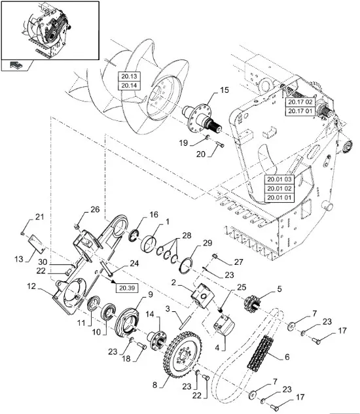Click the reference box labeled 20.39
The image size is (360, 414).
(127, 288)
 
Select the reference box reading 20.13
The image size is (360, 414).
(129, 77)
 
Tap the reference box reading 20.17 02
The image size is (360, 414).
(300, 102)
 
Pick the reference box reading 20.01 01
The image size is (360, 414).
(279, 198)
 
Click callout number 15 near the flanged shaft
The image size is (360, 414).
(225, 90)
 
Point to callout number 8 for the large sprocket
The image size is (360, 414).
(155, 385)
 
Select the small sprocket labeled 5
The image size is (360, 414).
(252, 303)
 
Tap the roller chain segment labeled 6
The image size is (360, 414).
(261, 354)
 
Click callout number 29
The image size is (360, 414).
(207, 243)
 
